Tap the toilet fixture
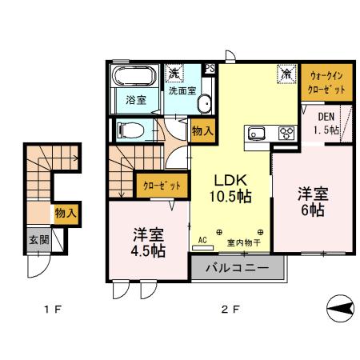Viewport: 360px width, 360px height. click(130, 130)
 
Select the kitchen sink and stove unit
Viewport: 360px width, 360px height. click(270, 134)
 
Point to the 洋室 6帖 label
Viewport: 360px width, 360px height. click(312, 202)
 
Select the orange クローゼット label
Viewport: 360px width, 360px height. click(162, 186)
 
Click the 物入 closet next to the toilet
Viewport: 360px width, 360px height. click(202, 130)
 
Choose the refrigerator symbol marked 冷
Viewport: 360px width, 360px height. click(286, 74)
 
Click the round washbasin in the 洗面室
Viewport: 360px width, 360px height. click(202, 102)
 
